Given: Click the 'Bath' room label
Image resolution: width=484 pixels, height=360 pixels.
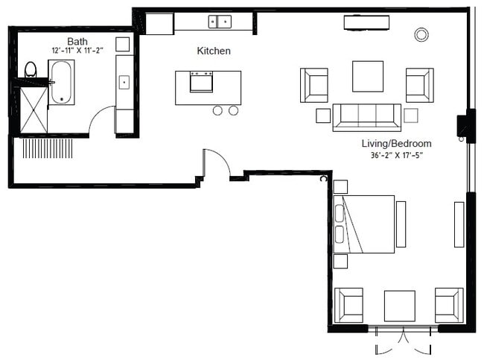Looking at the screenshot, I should pyautogui.click(x=77, y=41).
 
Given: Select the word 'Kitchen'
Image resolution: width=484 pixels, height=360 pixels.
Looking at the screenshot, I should pyautogui.click(x=213, y=51).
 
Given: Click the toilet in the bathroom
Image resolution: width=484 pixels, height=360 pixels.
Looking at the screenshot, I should pyautogui.click(x=31, y=70).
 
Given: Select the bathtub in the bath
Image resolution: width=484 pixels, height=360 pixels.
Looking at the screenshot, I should pyautogui.click(x=61, y=82).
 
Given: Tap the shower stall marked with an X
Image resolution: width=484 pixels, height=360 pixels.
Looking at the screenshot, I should pyautogui.click(x=33, y=110).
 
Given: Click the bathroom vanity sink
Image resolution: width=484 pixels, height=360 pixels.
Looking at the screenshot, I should pyautogui.click(x=124, y=82).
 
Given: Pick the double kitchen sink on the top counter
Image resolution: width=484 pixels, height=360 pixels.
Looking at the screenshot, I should pyautogui.click(x=219, y=22).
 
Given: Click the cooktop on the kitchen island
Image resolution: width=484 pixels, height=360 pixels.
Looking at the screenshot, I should pyautogui.click(x=201, y=80).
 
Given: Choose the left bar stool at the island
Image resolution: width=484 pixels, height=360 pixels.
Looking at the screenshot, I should pyautogui.click(x=218, y=110).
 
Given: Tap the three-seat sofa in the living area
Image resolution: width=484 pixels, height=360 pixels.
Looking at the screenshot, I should pyautogui.click(x=366, y=116).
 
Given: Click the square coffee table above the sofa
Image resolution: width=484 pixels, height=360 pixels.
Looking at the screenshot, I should pyautogui.click(x=368, y=75).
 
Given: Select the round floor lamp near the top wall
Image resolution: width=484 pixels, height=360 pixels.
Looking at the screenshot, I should pyautogui.click(x=421, y=34).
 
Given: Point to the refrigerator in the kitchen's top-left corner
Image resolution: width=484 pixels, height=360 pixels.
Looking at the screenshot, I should pyautogui.click(x=159, y=24).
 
